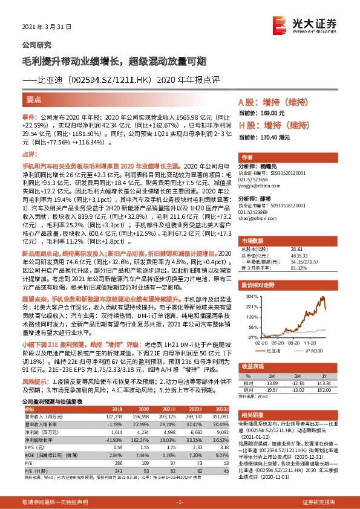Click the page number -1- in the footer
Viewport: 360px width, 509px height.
pos(180,502)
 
